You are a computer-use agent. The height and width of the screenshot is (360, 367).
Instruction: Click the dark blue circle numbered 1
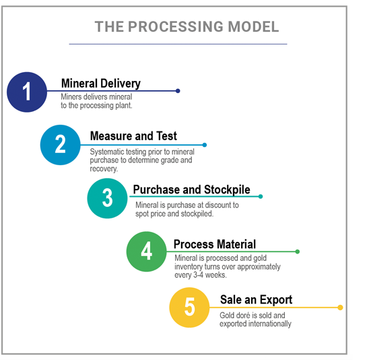[x=27, y=92]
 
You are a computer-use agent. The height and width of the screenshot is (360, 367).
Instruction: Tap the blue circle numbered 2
[x=61, y=145]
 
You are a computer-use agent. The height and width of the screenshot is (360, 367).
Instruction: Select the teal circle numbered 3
[x=108, y=198]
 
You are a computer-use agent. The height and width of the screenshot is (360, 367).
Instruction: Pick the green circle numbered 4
[x=147, y=251]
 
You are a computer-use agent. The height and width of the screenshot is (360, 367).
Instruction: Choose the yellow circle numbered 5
[x=189, y=307]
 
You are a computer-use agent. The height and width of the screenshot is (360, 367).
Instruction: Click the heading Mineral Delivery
[x=101, y=84]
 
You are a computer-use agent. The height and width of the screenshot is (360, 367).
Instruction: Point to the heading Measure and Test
[x=133, y=136]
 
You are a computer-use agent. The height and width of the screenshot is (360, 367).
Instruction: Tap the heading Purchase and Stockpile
[x=192, y=190]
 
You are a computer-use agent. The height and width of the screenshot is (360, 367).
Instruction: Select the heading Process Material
[x=215, y=244]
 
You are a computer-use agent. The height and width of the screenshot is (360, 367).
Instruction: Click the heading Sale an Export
[x=257, y=300]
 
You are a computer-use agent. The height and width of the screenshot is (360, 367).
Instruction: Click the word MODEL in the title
[x=253, y=26]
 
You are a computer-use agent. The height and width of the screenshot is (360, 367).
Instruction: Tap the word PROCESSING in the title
[x=176, y=26]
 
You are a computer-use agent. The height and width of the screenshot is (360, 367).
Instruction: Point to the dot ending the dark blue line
[x=178, y=91]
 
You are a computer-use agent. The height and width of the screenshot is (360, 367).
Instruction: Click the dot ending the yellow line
[x=340, y=307]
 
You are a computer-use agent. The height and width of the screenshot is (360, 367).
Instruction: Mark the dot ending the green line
[x=298, y=251]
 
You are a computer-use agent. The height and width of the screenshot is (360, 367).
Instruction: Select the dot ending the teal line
[x=261, y=196]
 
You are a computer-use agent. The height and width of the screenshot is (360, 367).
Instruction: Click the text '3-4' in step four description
[x=199, y=274]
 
